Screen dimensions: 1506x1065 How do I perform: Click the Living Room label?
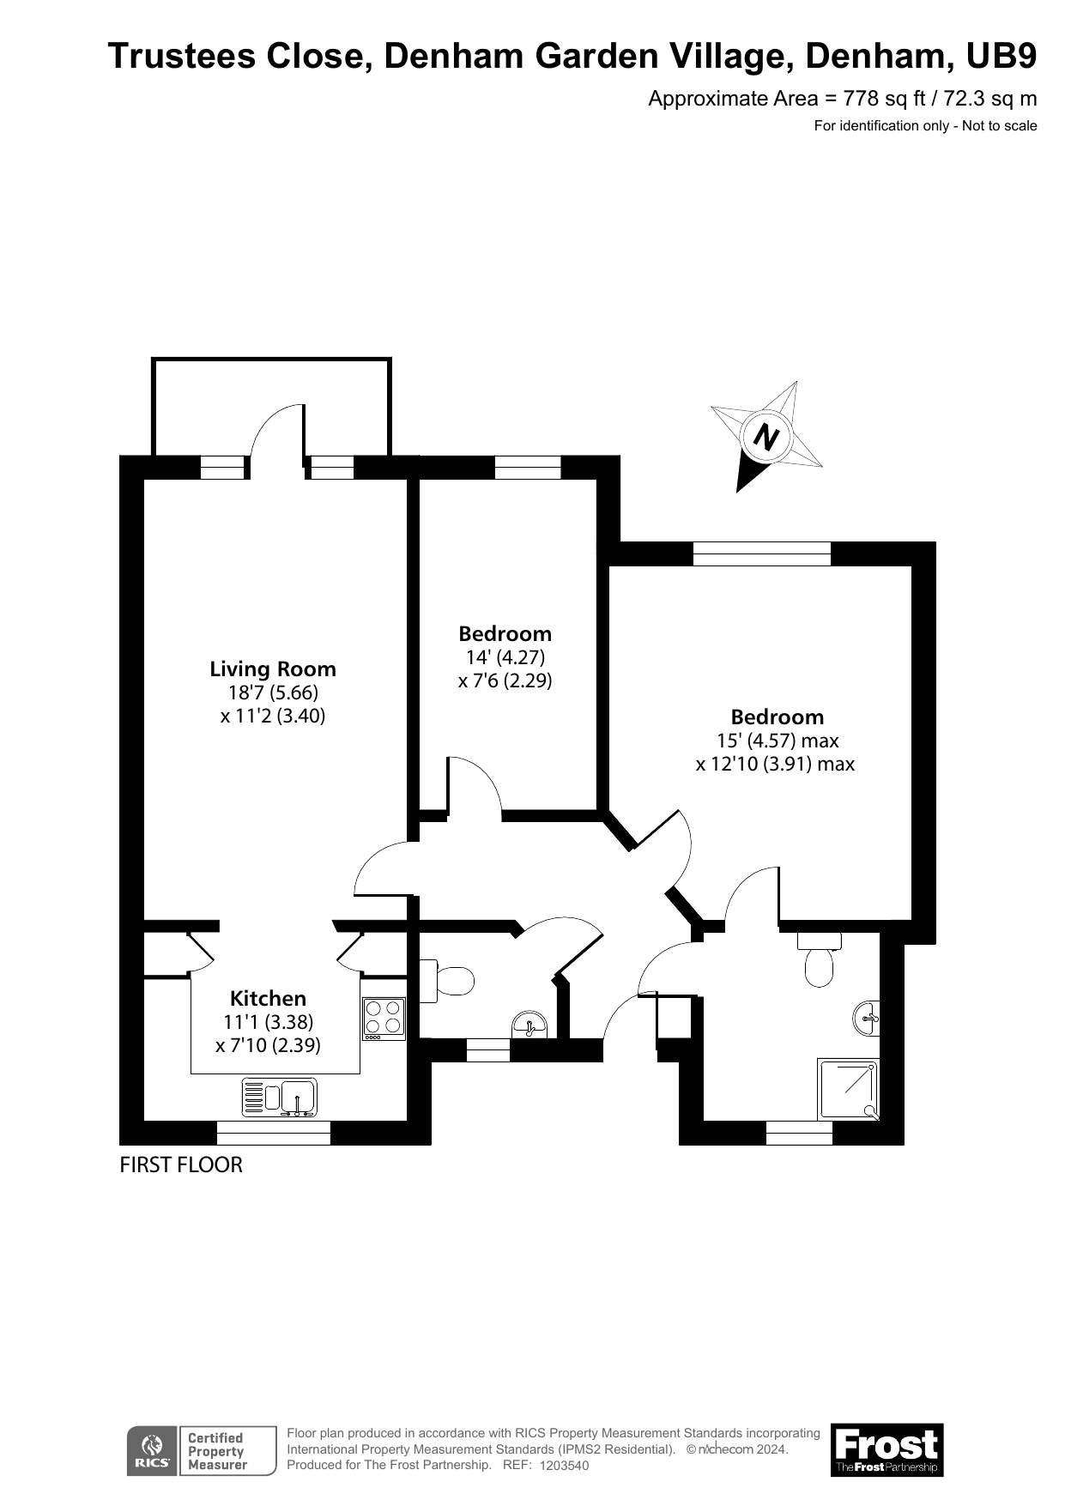coord(273,669)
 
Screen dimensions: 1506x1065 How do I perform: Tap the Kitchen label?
coord(268,999)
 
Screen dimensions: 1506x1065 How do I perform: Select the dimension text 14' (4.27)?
coord(505,657)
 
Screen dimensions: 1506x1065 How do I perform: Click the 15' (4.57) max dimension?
coord(777,741)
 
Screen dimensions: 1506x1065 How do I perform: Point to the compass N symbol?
coord(765,438)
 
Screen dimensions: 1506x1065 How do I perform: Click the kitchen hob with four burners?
coord(384,1018)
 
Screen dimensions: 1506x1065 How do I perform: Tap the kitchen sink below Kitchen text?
coord(281,1097)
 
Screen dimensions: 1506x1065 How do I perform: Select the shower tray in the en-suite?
coord(848,1089)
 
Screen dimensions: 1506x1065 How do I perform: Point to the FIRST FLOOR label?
coord(181,1164)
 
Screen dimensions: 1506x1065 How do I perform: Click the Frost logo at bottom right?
coord(886,1449)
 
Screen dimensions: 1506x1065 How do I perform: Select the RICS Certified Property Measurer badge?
coord(203,1450)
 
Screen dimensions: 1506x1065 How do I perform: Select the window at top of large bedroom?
coord(762,554)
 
